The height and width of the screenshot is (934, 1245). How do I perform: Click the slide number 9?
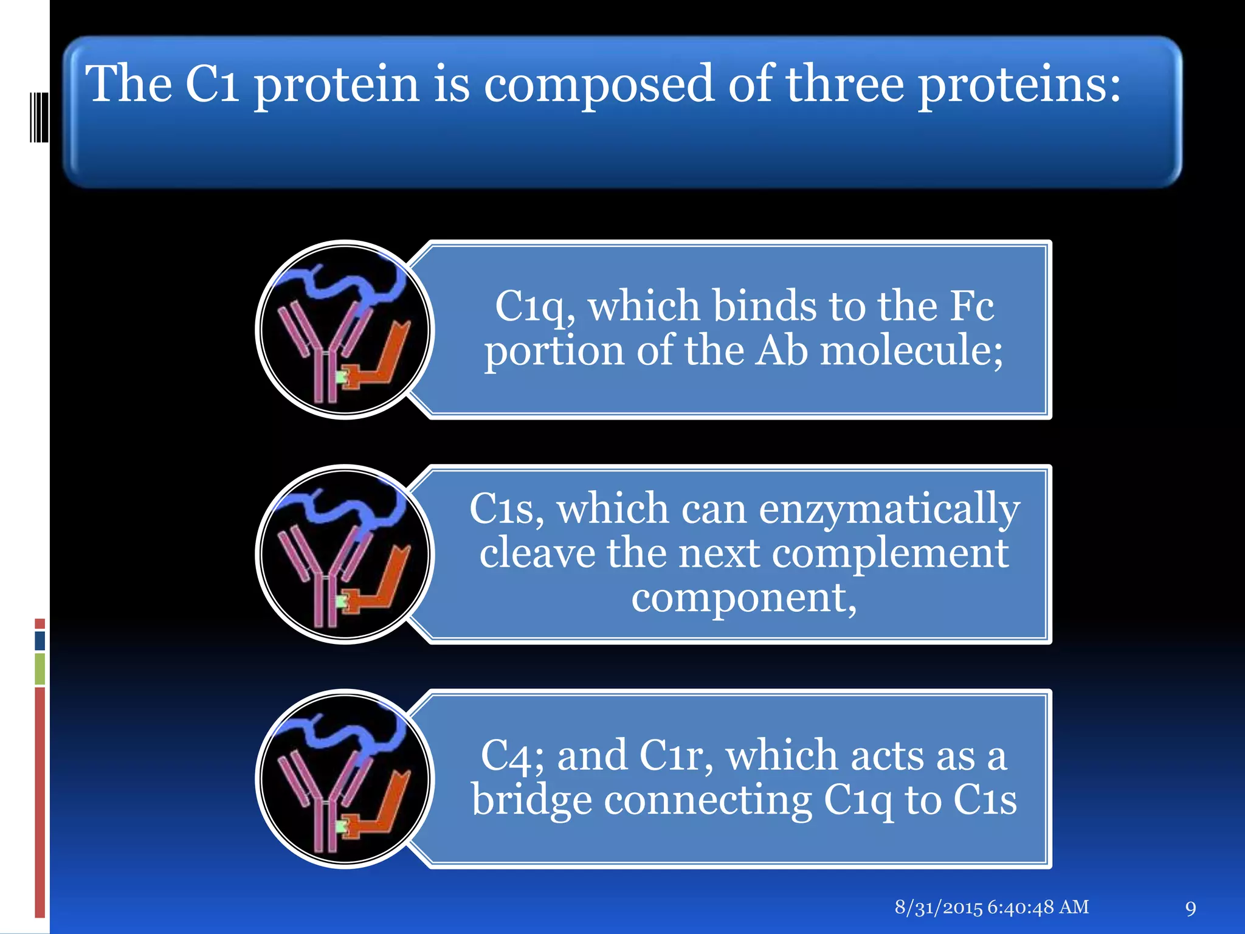[1190, 908]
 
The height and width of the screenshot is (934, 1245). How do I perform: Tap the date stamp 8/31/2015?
[938, 907]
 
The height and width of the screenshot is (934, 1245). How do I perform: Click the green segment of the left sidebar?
[40, 668]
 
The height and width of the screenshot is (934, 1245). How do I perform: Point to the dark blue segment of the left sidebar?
[40, 640]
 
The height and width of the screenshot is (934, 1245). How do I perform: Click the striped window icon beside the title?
[39, 117]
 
